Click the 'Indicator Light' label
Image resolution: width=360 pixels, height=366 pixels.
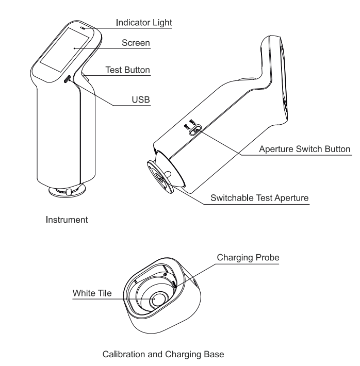(143, 23)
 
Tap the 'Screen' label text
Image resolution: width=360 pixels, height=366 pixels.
(136, 44)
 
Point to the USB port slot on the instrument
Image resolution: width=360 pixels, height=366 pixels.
(67, 79)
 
